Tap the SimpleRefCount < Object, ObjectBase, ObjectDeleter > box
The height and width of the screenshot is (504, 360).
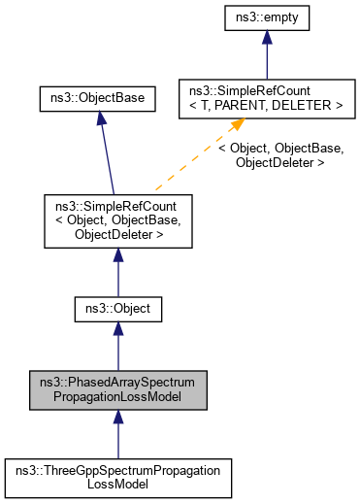coord(117,219)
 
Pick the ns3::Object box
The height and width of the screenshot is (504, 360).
coord(117,311)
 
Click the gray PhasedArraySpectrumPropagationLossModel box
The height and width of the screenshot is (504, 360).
coord(117,388)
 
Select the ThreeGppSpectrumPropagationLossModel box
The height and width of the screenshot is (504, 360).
coord(117,477)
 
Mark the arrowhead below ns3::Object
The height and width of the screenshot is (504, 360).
coord(117,332)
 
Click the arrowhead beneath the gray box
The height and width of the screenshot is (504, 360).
coord(117,417)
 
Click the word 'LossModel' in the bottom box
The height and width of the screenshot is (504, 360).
coord(117,484)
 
